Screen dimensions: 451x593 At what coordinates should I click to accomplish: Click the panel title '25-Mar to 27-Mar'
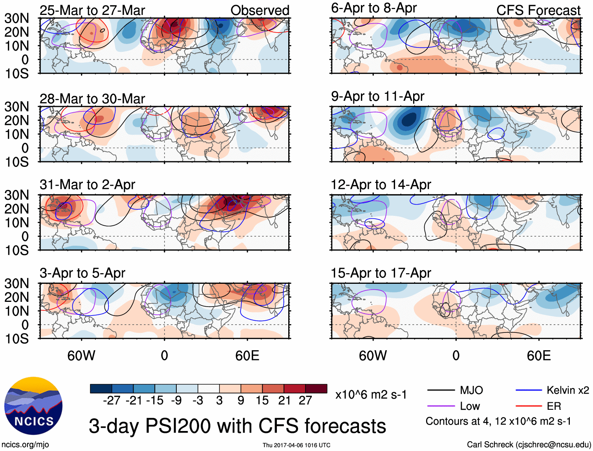click(92, 10)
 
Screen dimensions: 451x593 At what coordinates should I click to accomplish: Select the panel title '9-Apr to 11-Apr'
click(377, 96)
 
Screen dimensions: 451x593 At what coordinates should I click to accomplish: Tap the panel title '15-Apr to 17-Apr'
click(381, 273)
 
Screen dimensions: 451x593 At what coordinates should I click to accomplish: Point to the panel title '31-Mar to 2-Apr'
click(87, 184)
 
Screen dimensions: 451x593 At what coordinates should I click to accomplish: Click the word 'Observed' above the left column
click(260, 10)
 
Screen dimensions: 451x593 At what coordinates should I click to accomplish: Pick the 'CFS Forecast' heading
click(538, 10)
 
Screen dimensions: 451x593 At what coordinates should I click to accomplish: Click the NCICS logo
click(33, 406)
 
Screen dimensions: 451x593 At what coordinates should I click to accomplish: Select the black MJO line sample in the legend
click(441, 390)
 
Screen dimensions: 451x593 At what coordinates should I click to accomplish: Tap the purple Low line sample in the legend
click(441, 406)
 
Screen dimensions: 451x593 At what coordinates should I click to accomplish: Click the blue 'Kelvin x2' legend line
click(529, 390)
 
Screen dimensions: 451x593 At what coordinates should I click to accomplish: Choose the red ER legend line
click(529, 406)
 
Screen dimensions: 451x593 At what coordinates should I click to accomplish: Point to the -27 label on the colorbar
click(112, 400)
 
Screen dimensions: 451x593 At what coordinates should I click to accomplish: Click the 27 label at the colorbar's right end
click(305, 400)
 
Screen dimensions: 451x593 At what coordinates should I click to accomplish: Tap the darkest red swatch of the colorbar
click(316, 389)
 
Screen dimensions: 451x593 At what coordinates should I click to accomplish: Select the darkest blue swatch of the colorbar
click(101, 389)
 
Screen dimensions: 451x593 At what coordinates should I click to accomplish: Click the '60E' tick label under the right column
click(538, 356)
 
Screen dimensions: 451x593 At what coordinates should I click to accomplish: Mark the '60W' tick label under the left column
click(81, 356)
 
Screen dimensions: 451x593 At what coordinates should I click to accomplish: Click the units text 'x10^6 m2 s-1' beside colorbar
click(371, 394)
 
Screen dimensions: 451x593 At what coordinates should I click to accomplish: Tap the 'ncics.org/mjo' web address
click(25, 445)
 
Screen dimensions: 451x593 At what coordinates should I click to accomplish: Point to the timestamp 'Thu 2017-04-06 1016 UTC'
click(296, 445)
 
